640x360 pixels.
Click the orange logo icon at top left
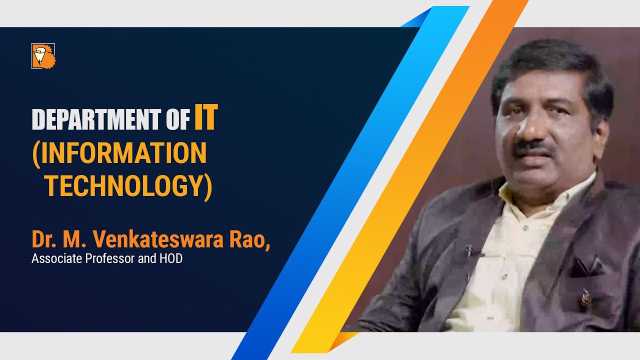click(43, 56)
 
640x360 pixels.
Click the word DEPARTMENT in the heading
click(88, 120)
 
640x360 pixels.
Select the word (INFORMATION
click(119, 153)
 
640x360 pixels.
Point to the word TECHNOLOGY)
click(128, 186)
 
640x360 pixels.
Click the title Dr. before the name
click(43, 239)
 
